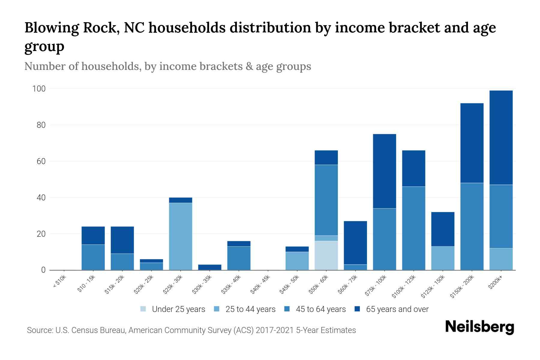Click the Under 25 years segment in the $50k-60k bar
coord(326,255)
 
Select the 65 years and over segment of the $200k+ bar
coord(501,137)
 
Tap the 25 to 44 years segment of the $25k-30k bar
coord(181,236)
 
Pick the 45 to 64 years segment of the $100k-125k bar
coord(413,228)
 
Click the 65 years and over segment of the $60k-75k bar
coord(355,243)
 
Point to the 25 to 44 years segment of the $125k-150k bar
coord(442,258)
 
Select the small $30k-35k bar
coord(210,267)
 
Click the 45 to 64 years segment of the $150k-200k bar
coord(472,226)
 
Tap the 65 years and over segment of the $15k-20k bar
coord(122,240)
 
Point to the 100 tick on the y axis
coord(39,89)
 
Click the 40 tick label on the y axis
coord(41,198)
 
